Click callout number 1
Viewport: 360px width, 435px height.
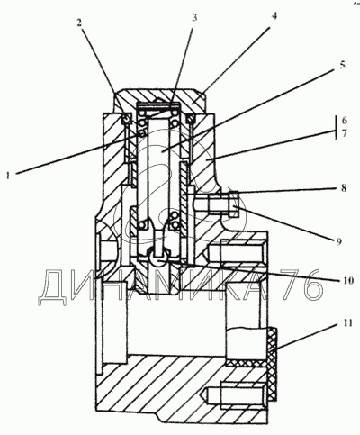click(x=8, y=175)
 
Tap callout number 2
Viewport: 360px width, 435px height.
click(x=79, y=23)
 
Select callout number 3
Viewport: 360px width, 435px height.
click(x=194, y=17)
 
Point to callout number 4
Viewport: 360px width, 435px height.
click(x=274, y=15)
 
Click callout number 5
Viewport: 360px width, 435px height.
click(x=343, y=65)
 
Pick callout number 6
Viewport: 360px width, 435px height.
click(x=344, y=121)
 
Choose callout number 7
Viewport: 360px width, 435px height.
click(x=344, y=133)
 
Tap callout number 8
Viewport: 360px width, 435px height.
click(x=344, y=188)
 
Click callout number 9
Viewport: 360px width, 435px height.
click(x=338, y=240)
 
